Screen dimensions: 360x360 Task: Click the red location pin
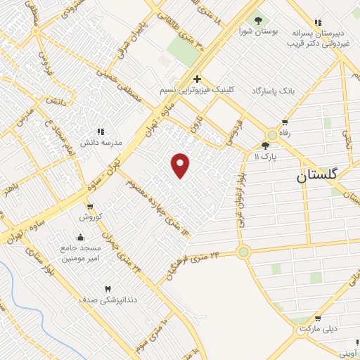point(181,165)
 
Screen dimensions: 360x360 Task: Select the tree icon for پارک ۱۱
point(264,146)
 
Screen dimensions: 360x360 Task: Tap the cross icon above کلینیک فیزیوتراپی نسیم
point(197,79)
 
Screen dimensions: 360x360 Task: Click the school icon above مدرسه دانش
point(100,131)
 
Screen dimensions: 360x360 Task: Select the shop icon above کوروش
point(89,206)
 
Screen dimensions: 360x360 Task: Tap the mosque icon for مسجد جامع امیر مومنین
point(80,238)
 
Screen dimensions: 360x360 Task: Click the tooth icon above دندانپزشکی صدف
point(108,289)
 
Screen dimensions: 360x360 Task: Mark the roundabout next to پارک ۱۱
point(272,134)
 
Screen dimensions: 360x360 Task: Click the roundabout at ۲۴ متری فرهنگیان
point(243,251)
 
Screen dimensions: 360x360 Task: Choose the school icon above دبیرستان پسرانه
point(318,22)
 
